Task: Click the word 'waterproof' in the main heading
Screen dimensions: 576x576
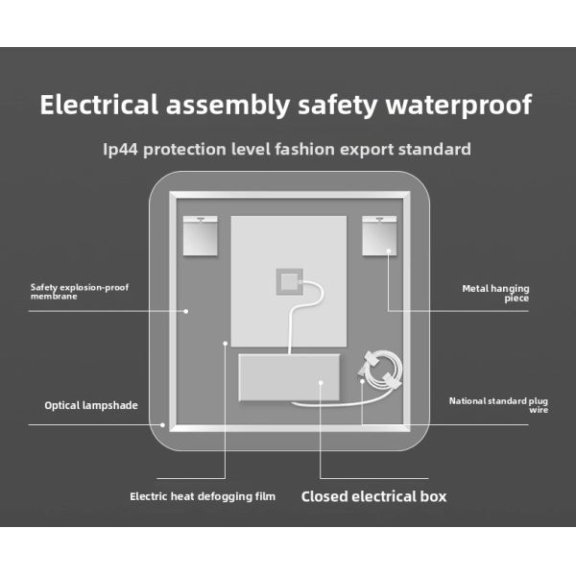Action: (x=459, y=105)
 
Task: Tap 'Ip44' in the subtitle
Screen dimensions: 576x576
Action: (x=120, y=149)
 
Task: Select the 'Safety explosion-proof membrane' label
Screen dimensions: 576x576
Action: (x=80, y=292)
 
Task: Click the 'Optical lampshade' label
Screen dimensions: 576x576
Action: (x=91, y=405)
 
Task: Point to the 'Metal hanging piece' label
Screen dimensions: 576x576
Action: (x=495, y=293)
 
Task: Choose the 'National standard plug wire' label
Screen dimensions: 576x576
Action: (x=498, y=405)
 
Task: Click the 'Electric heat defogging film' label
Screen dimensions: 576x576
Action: (x=203, y=496)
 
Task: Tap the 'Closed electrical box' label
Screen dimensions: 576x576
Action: (x=373, y=496)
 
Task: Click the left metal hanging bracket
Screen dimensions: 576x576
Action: (x=201, y=236)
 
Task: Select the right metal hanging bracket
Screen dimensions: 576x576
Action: (x=379, y=236)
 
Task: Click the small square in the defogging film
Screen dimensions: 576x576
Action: (x=290, y=281)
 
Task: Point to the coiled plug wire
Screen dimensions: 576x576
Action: (x=381, y=371)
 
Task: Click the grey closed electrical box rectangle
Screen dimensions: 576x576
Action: (x=289, y=377)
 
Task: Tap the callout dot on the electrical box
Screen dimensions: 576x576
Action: (x=321, y=383)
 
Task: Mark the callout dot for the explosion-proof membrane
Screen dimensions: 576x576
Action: (x=186, y=311)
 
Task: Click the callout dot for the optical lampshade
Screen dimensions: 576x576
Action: (x=162, y=425)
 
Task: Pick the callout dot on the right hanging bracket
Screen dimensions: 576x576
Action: (x=388, y=251)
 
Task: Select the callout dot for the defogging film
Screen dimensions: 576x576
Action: (x=226, y=344)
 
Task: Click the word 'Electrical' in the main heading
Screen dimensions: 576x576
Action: (x=99, y=105)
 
